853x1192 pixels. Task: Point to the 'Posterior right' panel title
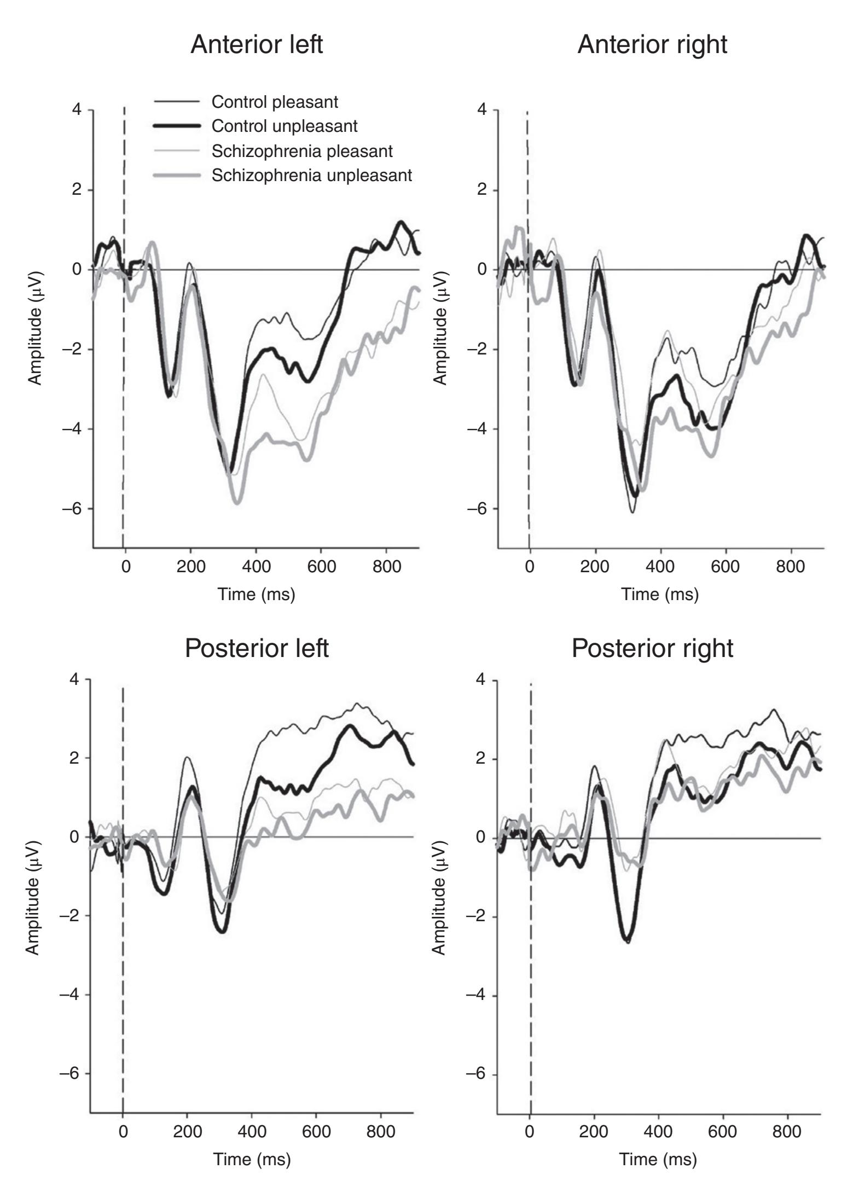[652, 648]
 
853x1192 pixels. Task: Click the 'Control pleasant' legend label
[275, 102]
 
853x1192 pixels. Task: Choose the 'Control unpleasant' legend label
[285, 126]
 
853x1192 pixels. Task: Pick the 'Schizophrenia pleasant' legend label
[302, 151]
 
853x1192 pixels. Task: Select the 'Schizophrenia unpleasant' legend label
[312, 176]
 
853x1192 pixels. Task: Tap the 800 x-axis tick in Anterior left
[386, 566]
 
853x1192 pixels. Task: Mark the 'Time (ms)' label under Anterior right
[660, 594]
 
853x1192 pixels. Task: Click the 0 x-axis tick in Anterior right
[529, 566]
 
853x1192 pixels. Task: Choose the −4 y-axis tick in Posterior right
[478, 995]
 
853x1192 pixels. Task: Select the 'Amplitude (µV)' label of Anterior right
[440, 328]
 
